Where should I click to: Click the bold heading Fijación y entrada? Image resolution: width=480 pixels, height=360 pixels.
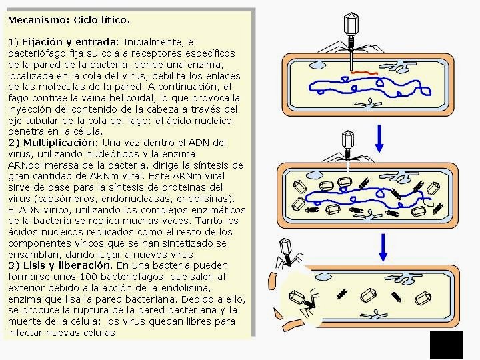[69, 42]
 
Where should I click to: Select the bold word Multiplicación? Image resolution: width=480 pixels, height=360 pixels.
[59, 143]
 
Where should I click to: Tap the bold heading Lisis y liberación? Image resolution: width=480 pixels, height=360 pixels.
[67, 265]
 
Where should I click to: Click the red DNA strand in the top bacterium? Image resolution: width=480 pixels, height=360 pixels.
[364, 73]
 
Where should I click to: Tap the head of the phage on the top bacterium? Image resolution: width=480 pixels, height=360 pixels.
[351, 23]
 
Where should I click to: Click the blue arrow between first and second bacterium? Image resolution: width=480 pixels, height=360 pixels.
[379, 139]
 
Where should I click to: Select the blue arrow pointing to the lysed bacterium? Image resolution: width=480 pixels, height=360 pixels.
[383, 247]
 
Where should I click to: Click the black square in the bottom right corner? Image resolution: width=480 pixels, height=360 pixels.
[446, 345]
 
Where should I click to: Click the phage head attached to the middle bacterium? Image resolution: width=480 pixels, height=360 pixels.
[348, 140]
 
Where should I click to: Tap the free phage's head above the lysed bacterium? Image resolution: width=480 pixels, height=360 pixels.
[285, 247]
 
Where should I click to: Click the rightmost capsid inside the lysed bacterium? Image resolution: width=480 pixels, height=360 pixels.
[423, 298]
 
